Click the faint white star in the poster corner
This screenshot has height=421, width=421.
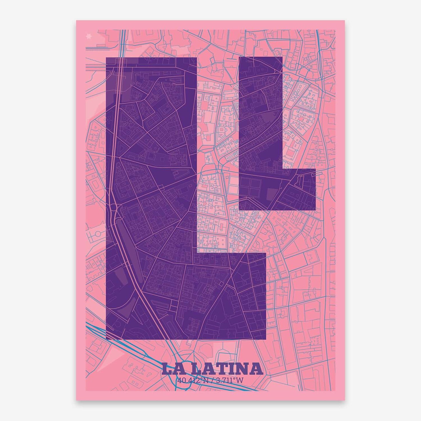tap(89, 36)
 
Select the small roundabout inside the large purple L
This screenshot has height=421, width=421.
tap(114, 207)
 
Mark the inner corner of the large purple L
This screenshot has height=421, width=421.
tap(197, 253)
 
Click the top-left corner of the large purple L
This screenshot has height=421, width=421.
tap(106, 58)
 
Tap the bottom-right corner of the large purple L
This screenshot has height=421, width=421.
tap(266, 340)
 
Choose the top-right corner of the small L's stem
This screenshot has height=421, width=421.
tap(282, 57)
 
